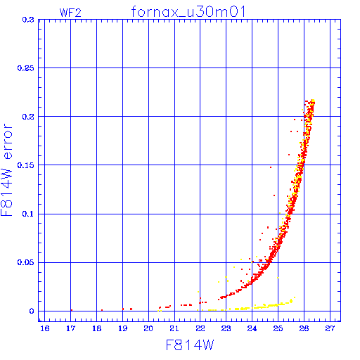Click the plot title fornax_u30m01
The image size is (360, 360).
coord(188,12)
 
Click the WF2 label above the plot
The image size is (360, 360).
coord(70,13)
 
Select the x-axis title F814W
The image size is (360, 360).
coord(190,345)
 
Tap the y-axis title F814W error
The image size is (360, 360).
coord(6,169)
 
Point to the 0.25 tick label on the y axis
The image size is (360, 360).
coord(25,68)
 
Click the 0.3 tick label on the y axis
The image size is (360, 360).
coord(28,20)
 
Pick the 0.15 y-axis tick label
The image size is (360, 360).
coord(25,165)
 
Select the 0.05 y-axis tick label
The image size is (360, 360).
coord(25,262)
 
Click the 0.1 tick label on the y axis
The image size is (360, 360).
coord(28,214)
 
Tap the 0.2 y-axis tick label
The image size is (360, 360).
coord(28,117)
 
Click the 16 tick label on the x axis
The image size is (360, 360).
coord(45,328)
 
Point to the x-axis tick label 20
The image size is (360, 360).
coord(148,328)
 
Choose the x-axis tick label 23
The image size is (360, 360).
coord(226,328)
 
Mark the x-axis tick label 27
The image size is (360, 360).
coord(330,328)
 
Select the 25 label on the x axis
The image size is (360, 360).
coord(278,328)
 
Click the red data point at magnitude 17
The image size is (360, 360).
coord(72,310)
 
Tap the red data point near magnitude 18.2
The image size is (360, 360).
coord(102,310)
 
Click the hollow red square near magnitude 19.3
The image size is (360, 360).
coord(131,309)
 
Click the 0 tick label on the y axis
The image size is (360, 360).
coord(32,311)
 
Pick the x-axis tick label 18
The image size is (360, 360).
coord(96,328)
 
